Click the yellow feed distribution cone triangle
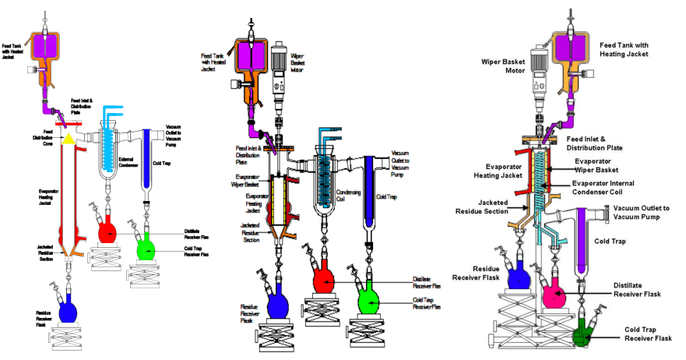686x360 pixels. [68, 139]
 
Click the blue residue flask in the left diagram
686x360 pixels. [69, 312]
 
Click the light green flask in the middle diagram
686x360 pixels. [369, 299]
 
